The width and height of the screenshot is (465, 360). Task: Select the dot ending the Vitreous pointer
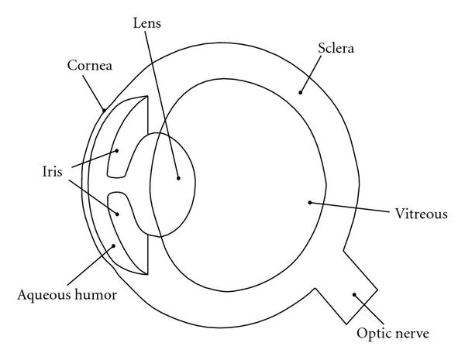(x=309, y=202)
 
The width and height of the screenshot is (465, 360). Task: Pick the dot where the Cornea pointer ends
(x=105, y=110)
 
